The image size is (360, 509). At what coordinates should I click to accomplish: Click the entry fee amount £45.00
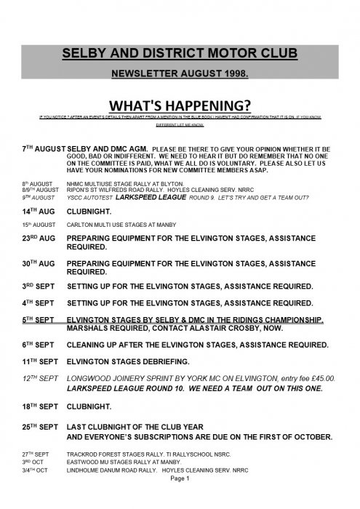tap(320, 378)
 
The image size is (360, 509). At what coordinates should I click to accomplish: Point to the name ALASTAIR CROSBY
tap(220, 328)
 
